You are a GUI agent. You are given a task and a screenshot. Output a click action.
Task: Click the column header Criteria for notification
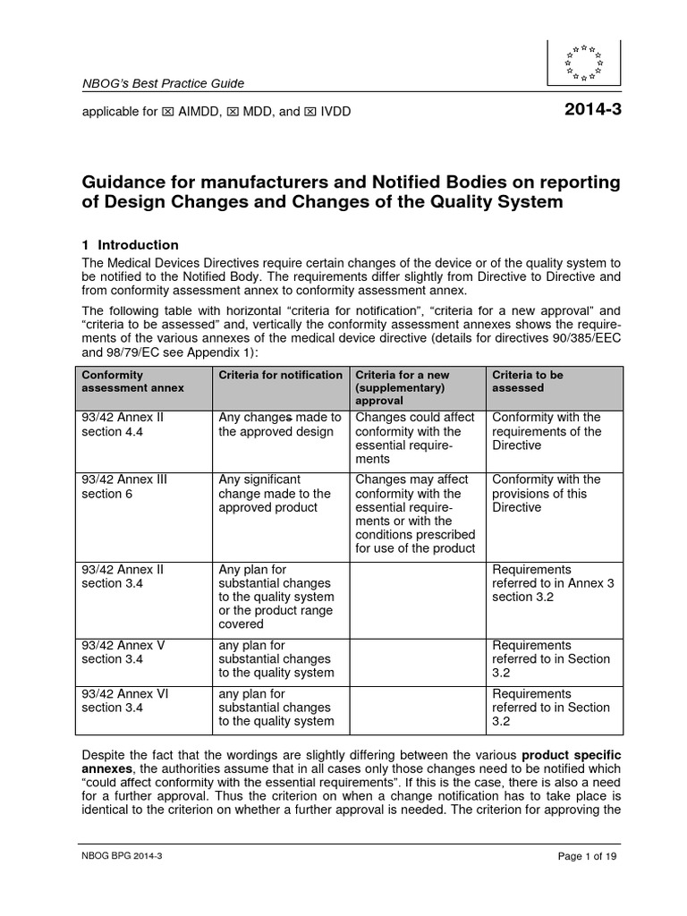pyautogui.click(x=280, y=375)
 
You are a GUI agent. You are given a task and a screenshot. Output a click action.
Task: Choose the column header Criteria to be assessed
pyautogui.click(x=528, y=381)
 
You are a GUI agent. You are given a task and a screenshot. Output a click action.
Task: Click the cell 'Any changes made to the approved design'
pyautogui.click(x=280, y=424)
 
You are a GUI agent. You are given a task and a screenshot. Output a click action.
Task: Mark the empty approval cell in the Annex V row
pyautogui.click(x=417, y=659)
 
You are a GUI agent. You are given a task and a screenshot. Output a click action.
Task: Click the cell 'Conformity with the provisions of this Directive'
pyautogui.click(x=546, y=493)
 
